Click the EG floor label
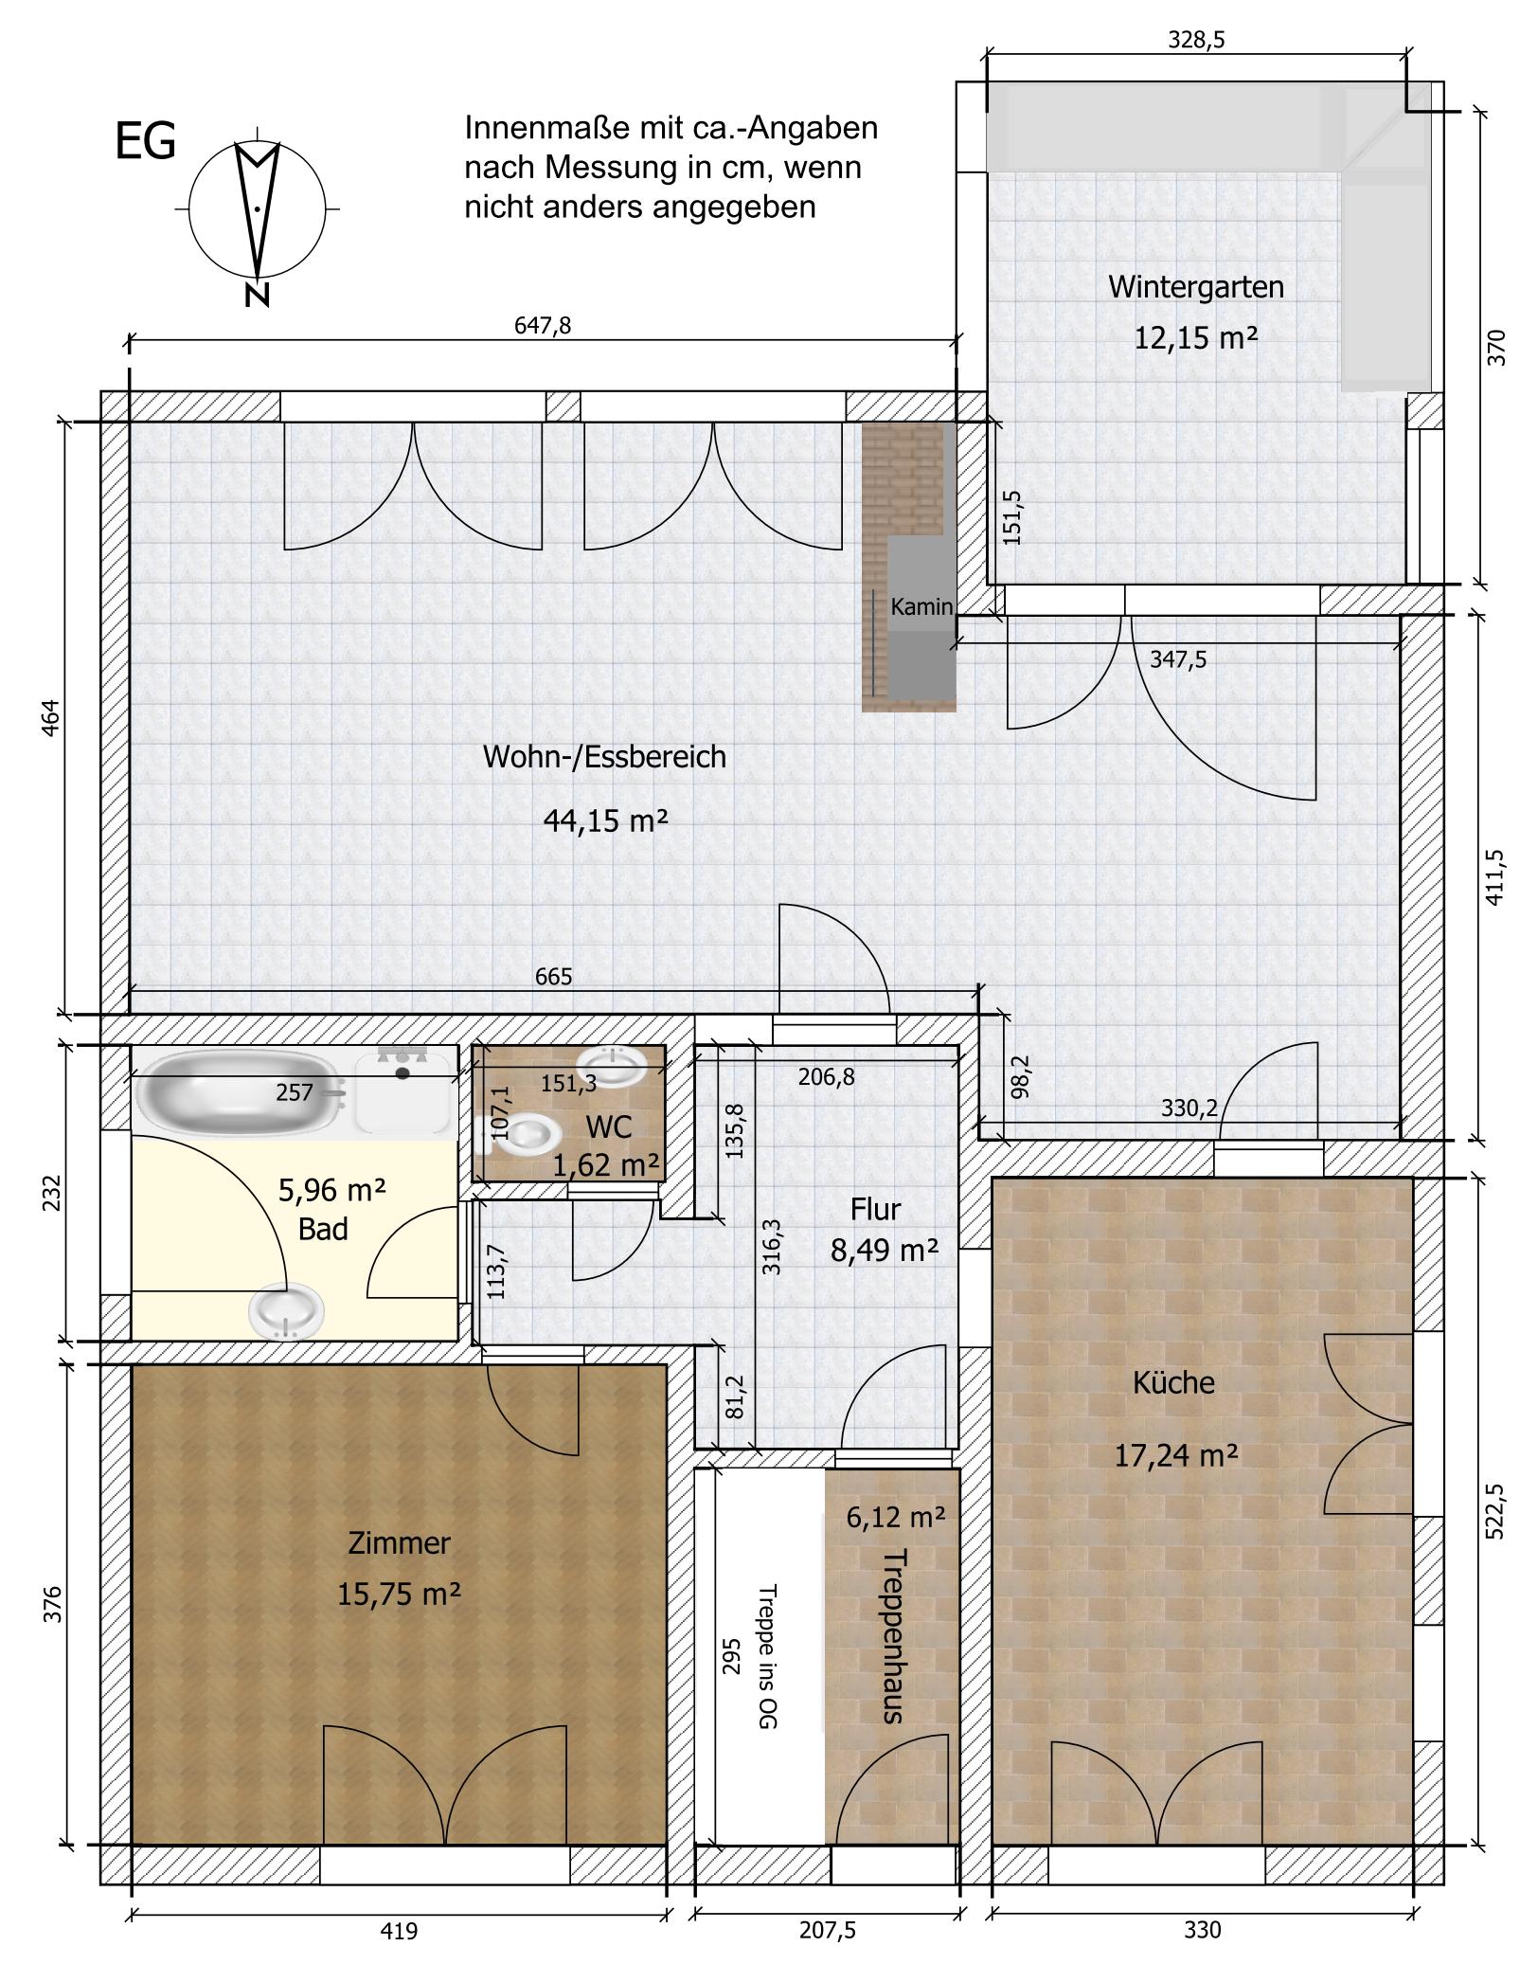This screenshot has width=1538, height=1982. click(145, 142)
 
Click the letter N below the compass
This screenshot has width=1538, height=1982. click(257, 296)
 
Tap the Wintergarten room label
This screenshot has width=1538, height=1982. click(1196, 286)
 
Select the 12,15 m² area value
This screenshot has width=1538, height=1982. click(1196, 337)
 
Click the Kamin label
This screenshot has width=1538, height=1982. click(921, 606)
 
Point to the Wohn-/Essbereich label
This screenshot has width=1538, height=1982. click(604, 757)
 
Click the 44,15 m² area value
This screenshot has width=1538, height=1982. click(605, 820)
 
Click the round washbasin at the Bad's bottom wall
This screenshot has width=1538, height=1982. click(287, 1311)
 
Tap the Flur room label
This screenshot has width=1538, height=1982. click(875, 1210)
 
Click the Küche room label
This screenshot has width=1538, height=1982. click(1173, 1382)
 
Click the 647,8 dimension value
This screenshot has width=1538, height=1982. click(543, 326)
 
